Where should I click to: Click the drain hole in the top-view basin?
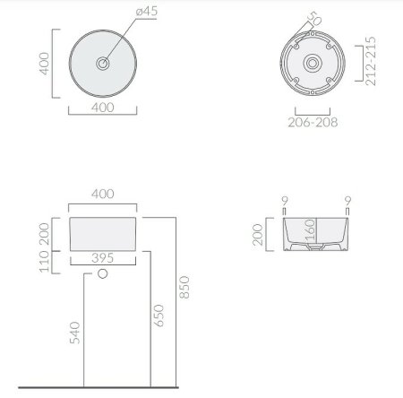[x=105, y=64]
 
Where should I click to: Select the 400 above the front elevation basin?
[x=105, y=192]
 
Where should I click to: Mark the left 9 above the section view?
[x=284, y=200]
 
